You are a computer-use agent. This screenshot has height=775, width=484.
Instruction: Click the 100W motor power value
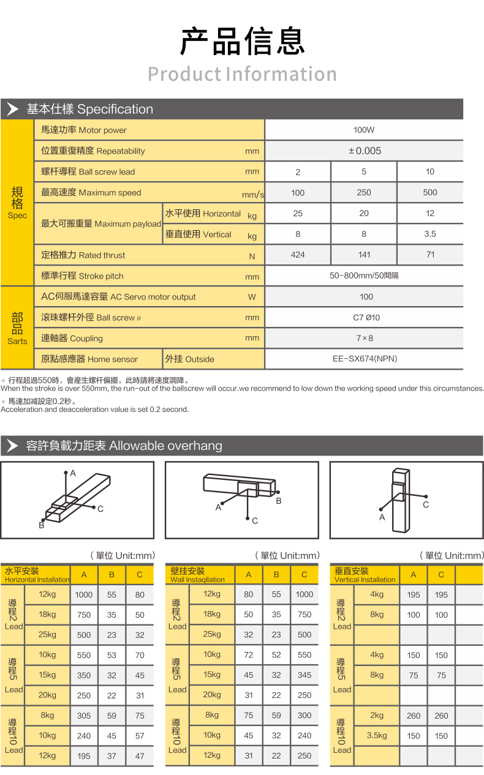click(x=364, y=130)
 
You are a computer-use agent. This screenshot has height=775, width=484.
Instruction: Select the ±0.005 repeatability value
click(x=365, y=151)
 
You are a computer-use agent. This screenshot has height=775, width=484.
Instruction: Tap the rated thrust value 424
click(x=298, y=255)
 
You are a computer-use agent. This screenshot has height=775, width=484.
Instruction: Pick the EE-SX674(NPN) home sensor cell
click(x=365, y=359)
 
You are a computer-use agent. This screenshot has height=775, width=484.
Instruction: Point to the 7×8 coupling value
click(x=365, y=338)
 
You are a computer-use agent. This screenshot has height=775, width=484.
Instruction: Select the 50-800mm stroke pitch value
click(x=364, y=275)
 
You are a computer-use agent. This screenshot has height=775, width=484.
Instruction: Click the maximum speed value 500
click(x=430, y=192)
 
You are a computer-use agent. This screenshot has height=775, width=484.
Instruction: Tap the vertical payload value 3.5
click(x=430, y=233)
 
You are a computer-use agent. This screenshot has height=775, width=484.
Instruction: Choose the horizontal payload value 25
click(x=298, y=213)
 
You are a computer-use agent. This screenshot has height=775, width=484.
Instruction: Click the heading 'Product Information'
click(x=242, y=74)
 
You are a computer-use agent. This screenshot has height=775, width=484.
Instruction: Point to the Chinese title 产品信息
click(x=242, y=42)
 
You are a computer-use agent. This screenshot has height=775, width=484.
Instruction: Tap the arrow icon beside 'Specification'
click(x=12, y=110)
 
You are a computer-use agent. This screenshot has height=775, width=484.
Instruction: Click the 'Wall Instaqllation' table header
click(x=198, y=575)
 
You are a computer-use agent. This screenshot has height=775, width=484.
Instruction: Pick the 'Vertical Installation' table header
click(x=365, y=575)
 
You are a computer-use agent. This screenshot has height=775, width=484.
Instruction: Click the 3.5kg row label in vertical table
click(x=377, y=736)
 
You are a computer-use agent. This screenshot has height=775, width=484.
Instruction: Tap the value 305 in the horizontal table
click(x=84, y=716)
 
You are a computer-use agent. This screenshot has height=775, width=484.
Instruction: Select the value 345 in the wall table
click(x=304, y=675)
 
